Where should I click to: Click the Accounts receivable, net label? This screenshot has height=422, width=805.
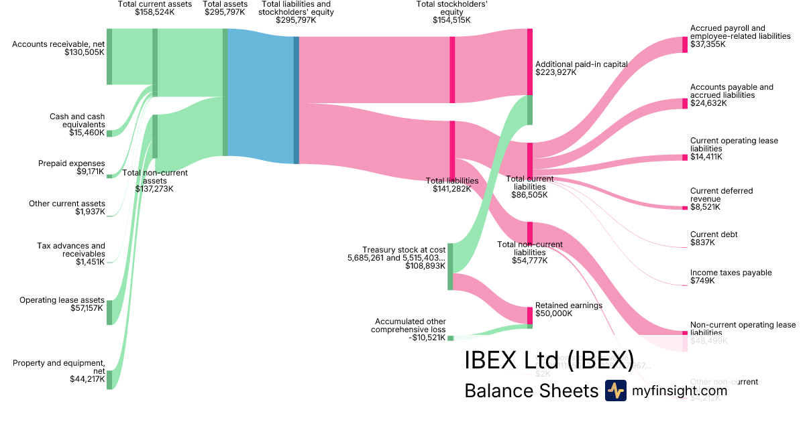[x=58, y=44]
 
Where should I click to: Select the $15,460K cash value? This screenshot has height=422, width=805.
[x=87, y=133]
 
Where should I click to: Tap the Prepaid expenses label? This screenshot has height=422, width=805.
[x=72, y=163]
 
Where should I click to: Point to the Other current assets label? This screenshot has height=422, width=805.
[x=67, y=204]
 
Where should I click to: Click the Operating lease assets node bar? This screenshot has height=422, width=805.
[x=109, y=312]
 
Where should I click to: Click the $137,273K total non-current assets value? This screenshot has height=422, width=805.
[x=155, y=189]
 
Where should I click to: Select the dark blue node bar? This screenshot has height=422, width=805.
[x=297, y=100]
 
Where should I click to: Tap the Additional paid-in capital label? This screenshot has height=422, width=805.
[x=581, y=64]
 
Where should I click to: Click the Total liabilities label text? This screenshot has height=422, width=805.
[x=452, y=181]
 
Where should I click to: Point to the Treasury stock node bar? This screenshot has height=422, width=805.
[x=450, y=267]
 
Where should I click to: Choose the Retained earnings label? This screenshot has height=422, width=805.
[x=568, y=305]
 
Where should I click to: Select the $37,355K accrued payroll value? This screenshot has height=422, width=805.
[x=708, y=44]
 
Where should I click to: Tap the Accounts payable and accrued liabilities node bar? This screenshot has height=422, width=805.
[x=685, y=103]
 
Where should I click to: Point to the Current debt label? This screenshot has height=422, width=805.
[x=714, y=234]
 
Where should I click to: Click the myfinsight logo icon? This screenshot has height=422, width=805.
[x=615, y=391]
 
